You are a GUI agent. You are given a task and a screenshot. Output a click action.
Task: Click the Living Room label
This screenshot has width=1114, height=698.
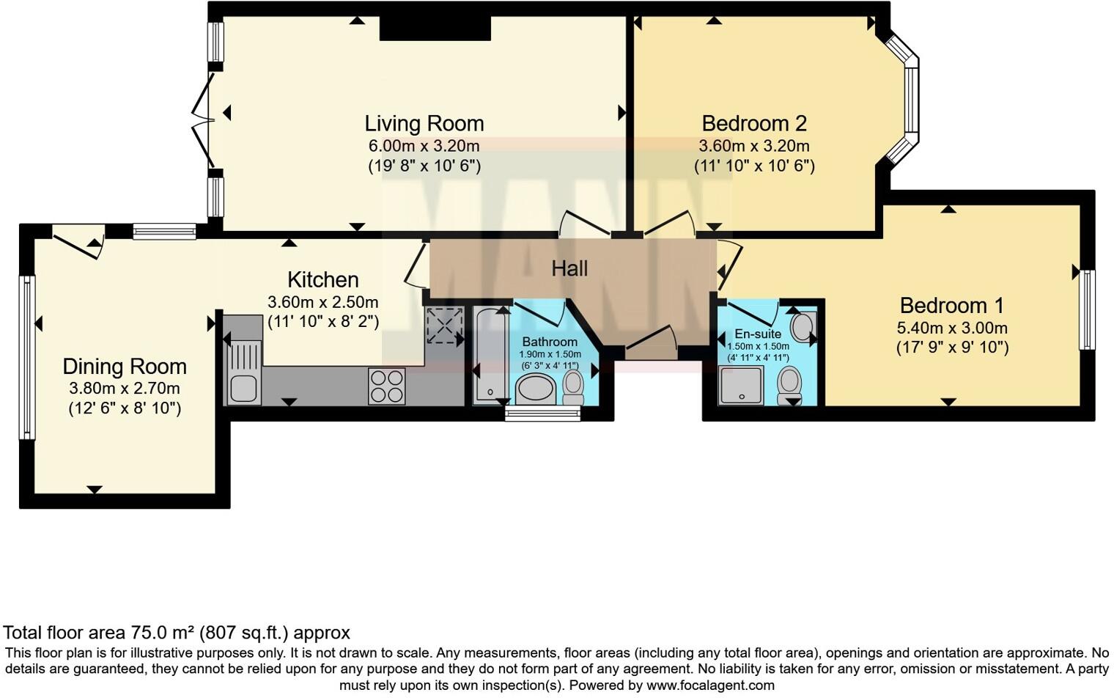click(x=424, y=123)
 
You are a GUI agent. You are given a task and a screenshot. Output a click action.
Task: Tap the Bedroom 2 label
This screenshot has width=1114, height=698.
click(x=754, y=123)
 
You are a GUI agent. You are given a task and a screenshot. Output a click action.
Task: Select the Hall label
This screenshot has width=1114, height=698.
click(x=569, y=268)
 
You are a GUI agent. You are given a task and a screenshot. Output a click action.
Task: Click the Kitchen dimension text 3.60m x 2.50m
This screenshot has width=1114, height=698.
click(x=322, y=302)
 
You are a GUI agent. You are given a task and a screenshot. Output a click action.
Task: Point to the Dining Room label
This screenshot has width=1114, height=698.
click(x=125, y=367)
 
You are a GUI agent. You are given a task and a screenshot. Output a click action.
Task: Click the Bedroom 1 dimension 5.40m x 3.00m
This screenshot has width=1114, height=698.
click(x=952, y=328)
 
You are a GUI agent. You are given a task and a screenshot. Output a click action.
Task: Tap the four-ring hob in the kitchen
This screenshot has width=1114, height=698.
click(x=387, y=386)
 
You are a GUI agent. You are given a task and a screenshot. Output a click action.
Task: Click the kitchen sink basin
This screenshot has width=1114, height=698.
click(x=243, y=389)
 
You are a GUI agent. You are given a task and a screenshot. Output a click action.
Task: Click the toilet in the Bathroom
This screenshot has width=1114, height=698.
click(x=573, y=387)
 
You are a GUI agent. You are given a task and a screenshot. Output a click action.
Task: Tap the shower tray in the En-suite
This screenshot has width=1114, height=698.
click(x=741, y=386)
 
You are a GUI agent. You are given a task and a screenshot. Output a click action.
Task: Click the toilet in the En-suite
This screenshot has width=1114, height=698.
click(x=789, y=386)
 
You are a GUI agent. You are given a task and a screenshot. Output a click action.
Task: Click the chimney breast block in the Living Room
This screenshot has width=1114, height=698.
click(x=435, y=28)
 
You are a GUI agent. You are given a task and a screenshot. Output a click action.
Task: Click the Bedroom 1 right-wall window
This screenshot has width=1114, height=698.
click(x=1087, y=310)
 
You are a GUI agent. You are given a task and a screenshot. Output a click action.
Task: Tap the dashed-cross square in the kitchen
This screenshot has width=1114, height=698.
click(x=445, y=326)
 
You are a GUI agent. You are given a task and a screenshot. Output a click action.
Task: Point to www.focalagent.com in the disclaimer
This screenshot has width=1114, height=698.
click(x=711, y=686)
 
